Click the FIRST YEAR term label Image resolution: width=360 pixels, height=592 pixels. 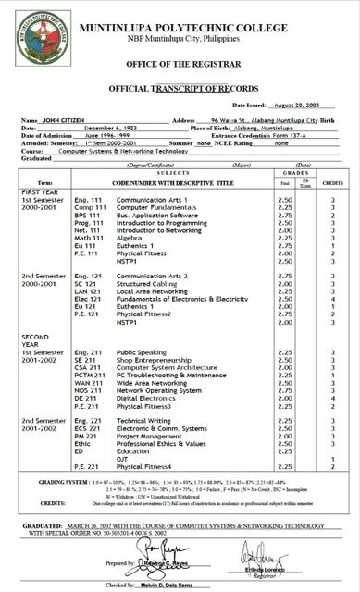pyautogui.click(x=24, y=192)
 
